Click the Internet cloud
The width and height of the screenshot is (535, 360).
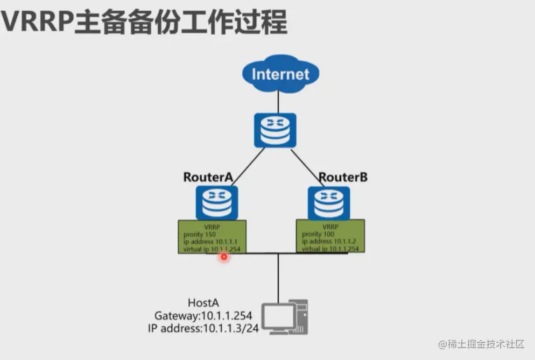click(x=280, y=74)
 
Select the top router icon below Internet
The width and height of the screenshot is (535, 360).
click(x=275, y=130)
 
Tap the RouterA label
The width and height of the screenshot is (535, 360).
click(x=208, y=177)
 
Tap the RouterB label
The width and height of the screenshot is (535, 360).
click(x=343, y=177)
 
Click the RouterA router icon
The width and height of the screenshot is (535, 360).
click(x=216, y=202)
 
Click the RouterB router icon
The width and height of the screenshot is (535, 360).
click(x=329, y=203)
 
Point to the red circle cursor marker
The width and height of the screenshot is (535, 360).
click(x=224, y=257)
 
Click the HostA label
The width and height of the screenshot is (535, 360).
click(x=204, y=303)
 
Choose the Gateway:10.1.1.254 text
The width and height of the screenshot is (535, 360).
click(x=203, y=315)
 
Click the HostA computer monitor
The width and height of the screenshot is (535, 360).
click(x=278, y=316)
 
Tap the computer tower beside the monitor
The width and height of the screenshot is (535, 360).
click(x=301, y=316)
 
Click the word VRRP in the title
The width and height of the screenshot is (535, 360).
click(x=37, y=23)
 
